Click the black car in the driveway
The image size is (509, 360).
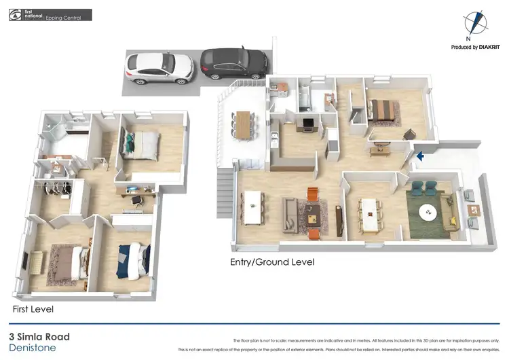point(233,62)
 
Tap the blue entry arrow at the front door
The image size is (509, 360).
point(420,156)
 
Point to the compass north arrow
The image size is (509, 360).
point(476,23)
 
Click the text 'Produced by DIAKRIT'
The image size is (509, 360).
point(476,48)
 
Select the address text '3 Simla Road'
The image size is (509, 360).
point(39,336)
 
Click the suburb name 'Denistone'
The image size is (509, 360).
point(31,348)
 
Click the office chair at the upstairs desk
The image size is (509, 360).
point(135,201)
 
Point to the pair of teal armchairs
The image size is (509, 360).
point(423,187)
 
